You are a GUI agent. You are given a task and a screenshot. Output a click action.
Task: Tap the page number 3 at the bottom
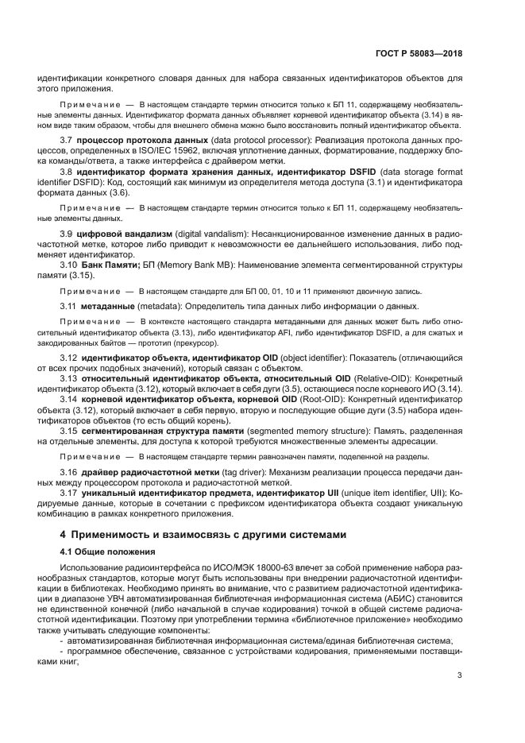tap(459, 675)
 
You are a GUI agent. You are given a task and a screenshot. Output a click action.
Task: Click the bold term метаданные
tap(108, 306)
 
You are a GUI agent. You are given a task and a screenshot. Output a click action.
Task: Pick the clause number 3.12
tap(70, 358)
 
